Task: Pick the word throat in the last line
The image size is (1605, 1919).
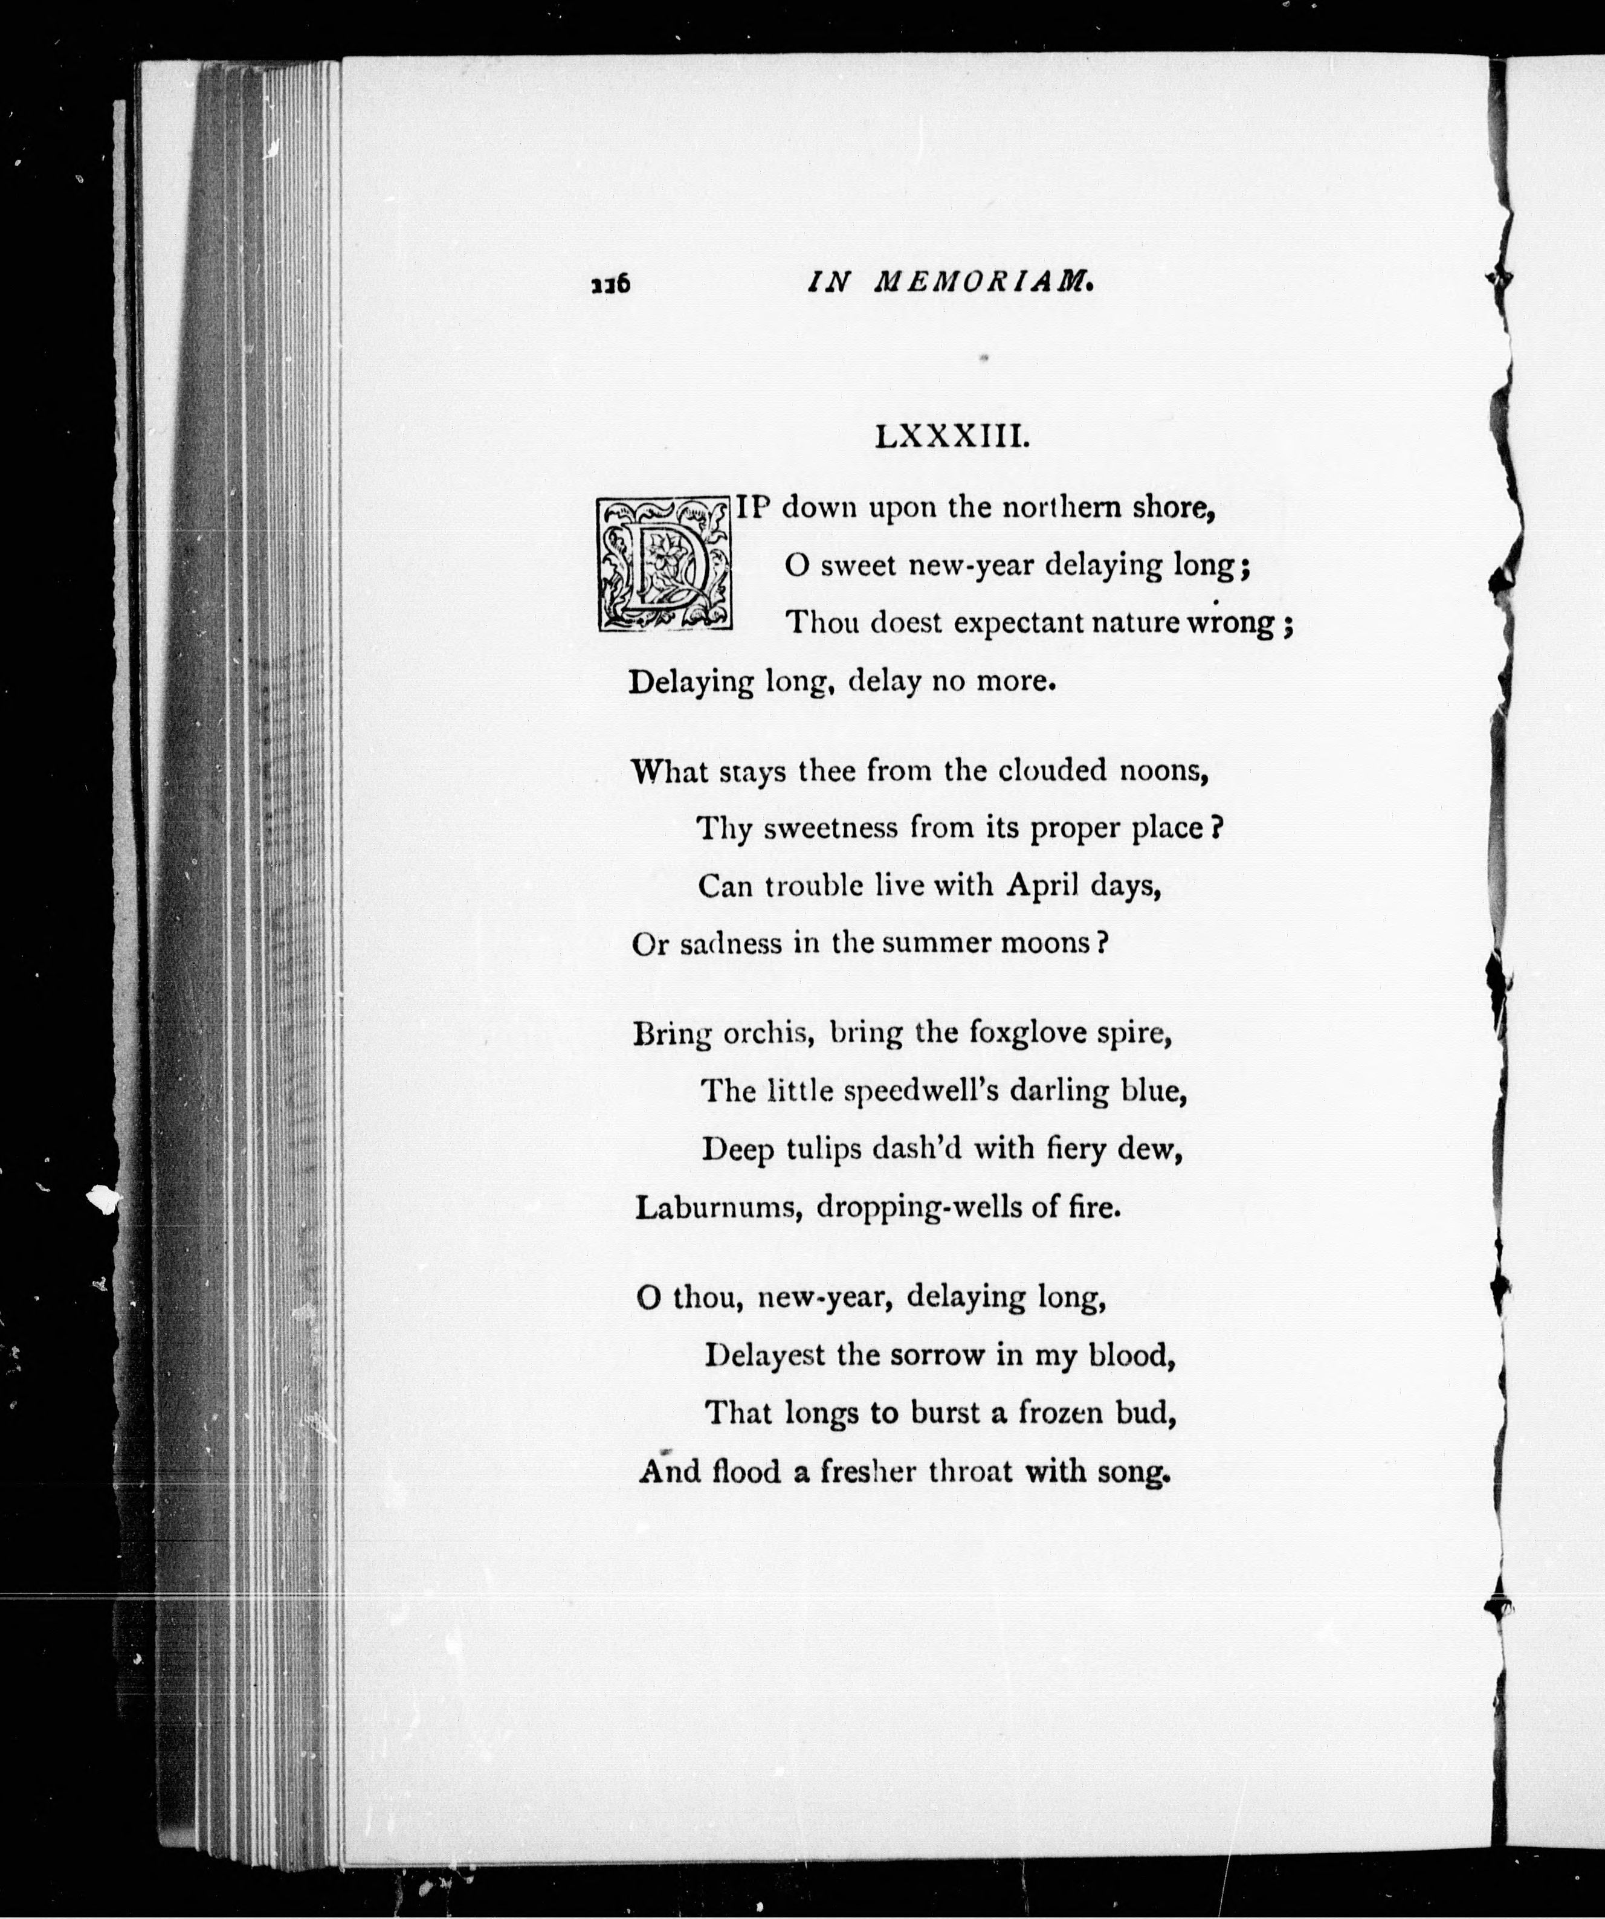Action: pos(970,1472)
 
